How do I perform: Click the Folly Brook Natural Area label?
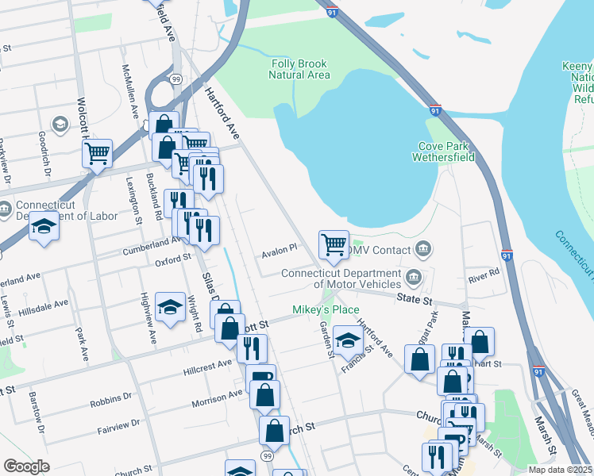299,70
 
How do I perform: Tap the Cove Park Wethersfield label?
443,152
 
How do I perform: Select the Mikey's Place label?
334,309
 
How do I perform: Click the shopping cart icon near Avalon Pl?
334,244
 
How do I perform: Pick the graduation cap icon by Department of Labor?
44,227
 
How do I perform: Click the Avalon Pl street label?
280,248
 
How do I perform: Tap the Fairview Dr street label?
119,424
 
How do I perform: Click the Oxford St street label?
173,259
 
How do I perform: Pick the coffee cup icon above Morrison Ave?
260,377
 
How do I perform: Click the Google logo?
27,466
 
